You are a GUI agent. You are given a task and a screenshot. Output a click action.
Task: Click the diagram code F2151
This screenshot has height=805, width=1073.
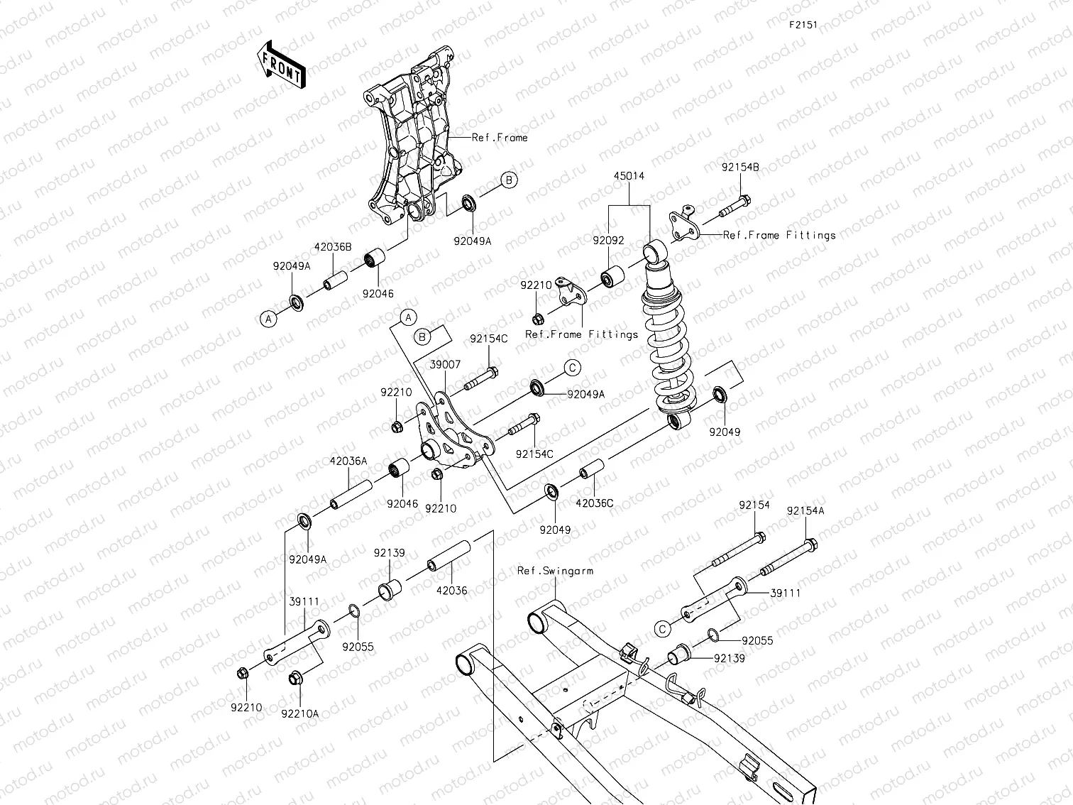pyautogui.click(x=803, y=24)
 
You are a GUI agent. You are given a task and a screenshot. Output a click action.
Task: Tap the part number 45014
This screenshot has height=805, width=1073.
pyautogui.click(x=629, y=176)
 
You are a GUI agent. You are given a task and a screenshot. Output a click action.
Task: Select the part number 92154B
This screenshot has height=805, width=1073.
pyautogui.click(x=740, y=168)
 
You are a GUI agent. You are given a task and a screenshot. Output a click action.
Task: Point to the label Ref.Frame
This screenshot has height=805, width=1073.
pyautogui.click(x=500, y=138)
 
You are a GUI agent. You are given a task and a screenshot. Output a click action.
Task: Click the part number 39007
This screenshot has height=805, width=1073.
pyautogui.click(x=445, y=365)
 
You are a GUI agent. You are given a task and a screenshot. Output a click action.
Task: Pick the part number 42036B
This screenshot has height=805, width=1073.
pyautogui.click(x=333, y=247)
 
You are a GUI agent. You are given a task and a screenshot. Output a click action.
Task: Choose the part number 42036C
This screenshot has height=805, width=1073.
pyautogui.click(x=594, y=503)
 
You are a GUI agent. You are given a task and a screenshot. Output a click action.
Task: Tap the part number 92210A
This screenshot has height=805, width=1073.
pyautogui.click(x=299, y=713)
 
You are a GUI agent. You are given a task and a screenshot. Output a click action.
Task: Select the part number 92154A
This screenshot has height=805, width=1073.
pyautogui.click(x=805, y=511)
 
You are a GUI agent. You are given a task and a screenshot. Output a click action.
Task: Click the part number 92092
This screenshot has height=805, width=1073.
pyautogui.click(x=609, y=241)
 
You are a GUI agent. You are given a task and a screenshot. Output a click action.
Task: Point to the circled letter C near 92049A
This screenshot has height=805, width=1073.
pyautogui.click(x=573, y=368)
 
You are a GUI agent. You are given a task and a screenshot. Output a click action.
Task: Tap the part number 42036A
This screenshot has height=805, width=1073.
pyautogui.click(x=348, y=461)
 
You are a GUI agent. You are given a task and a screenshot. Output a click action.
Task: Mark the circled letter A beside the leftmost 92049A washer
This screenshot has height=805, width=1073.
pyautogui.click(x=268, y=319)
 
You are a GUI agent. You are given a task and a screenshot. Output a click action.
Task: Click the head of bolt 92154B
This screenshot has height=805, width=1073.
pyautogui.click(x=744, y=199)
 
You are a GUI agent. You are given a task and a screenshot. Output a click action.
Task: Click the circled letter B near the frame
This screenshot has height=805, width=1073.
pyautogui.click(x=509, y=180)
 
